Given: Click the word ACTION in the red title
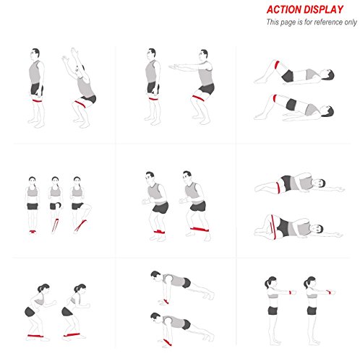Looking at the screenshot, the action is [x=281, y=9].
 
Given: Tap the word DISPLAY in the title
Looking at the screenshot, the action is [x=321, y=9].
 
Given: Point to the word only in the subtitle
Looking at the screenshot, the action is [x=351, y=22].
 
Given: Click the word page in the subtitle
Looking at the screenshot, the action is [x=288, y=23].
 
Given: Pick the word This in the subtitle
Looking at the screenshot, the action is [x=273, y=22].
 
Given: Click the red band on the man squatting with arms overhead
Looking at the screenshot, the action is [x=81, y=103].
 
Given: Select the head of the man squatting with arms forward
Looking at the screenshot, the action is [x=204, y=55].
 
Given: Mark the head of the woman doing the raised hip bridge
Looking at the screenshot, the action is [x=327, y=111].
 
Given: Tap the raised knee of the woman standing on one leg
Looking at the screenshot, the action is [x=90, y=206].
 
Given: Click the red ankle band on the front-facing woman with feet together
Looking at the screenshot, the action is [x=33, y=232].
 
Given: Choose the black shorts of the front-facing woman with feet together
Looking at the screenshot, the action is [x=33, y=206].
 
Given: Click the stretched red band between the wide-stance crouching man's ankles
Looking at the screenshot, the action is [x=200, y=229].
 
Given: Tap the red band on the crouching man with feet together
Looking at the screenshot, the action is [x=159, y=232].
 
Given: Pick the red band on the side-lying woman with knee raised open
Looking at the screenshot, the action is [x=273, y=227].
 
